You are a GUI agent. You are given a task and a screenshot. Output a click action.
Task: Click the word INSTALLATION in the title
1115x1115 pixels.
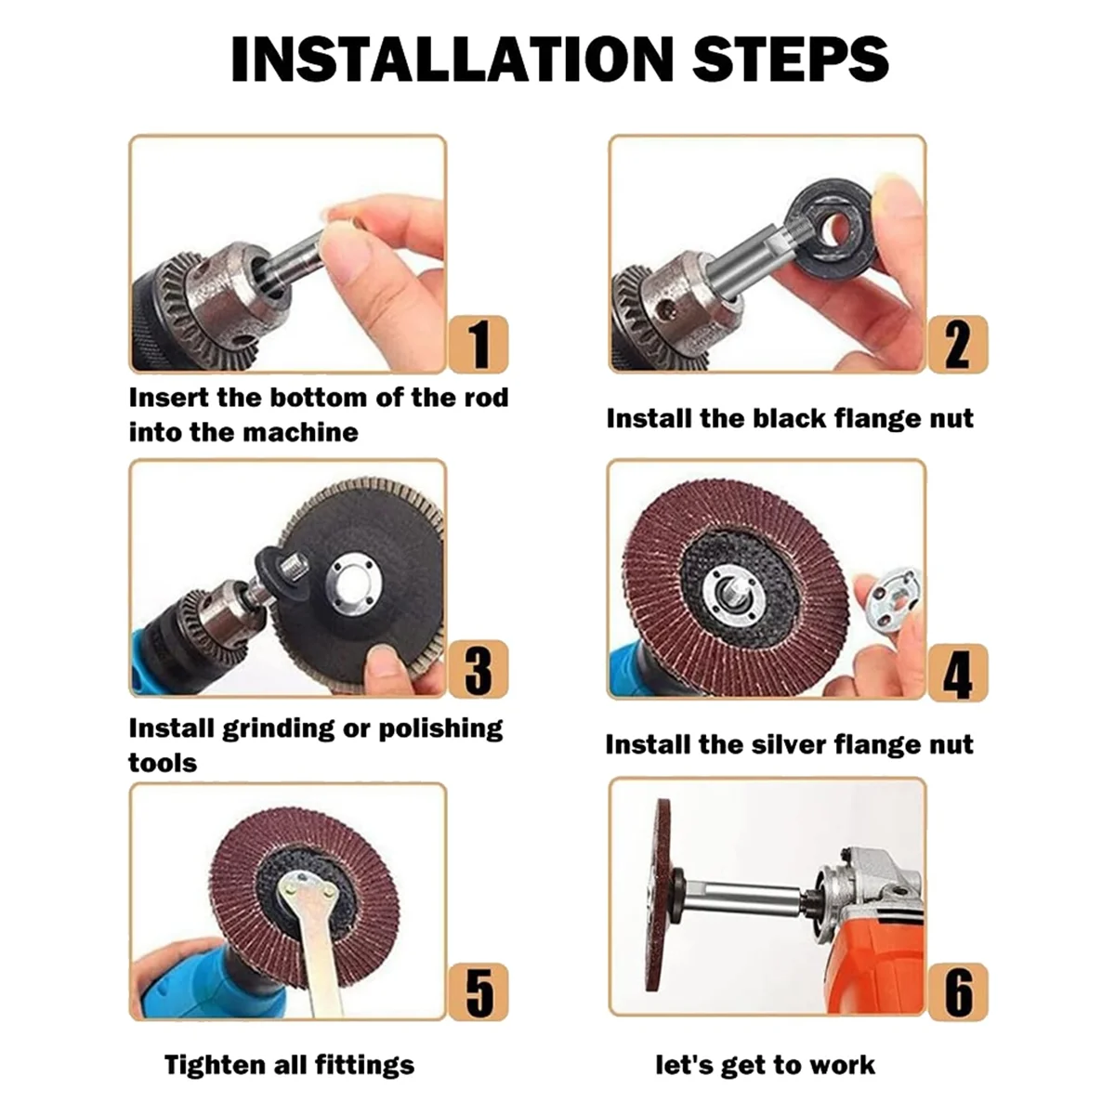point(453,59)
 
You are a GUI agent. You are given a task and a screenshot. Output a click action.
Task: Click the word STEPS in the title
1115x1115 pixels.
point(791,59)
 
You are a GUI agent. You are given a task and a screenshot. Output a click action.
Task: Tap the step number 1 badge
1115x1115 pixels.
point(479,345)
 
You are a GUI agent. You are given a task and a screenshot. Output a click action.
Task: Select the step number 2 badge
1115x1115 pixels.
point(958,345)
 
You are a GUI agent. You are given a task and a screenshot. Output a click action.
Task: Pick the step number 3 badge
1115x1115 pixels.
point(479,669)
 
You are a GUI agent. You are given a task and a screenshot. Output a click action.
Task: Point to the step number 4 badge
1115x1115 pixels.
point(958,673)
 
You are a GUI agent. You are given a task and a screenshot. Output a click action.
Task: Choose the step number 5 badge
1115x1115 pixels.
point(479,992)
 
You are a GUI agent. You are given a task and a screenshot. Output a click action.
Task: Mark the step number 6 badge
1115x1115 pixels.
point(958,992)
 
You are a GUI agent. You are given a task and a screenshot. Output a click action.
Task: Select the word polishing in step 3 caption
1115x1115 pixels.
point(440,729)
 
